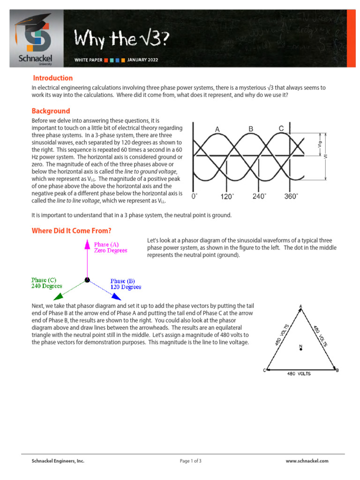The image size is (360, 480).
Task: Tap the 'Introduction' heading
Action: [52, 78]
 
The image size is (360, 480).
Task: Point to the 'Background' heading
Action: [51, 111]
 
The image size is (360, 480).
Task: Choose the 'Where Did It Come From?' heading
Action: [71, 231]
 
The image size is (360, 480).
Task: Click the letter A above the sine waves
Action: [217, 129]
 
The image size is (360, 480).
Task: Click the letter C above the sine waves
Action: [281, 128]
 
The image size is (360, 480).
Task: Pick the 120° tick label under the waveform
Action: [227, 197]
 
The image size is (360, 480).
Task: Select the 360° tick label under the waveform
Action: [291, 197]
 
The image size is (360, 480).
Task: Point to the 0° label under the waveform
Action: [195, 197]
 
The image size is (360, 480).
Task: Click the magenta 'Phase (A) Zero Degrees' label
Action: [111, 247]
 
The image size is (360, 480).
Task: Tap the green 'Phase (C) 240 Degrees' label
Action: [44, 283]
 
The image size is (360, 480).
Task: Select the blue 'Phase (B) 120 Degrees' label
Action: [126, 284]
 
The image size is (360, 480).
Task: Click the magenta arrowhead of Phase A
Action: [87, 243]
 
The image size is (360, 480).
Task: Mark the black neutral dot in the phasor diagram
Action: [87, 280]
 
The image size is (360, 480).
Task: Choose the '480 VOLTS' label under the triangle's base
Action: [298, 374]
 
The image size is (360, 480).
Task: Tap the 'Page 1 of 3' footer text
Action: [191, 461]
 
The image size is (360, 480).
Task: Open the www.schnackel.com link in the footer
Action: [307, 461]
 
